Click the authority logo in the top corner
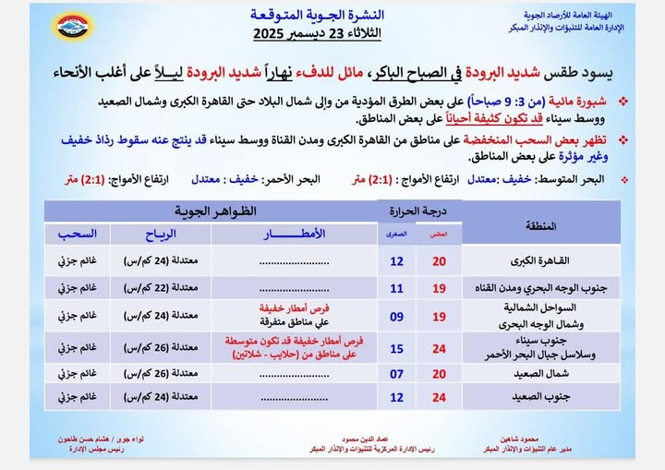click(x=74, y=26)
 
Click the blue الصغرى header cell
click(x=396, y=235)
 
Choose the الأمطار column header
click(x=294, y=235)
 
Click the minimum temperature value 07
click(x=396, y=373)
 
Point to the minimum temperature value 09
click(x=396, y=317)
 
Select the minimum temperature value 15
click(x=396, y=347)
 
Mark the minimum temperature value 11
click(x=396, y=288)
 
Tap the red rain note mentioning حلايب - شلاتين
click(x=294, y=347)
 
